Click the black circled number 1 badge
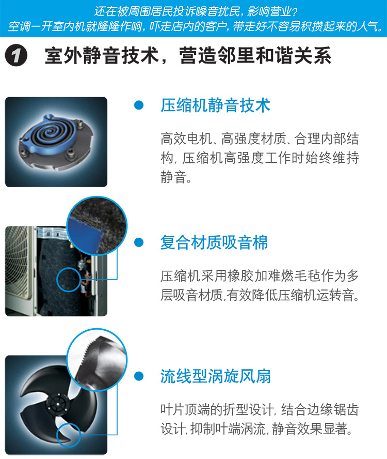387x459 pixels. (x=16, y=55)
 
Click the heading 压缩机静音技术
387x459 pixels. (x=215, y=105)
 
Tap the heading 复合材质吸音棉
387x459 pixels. (x=214, y=242)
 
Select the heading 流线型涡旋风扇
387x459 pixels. (x=215, y=376)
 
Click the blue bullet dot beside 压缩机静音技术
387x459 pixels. (x=139, y=105)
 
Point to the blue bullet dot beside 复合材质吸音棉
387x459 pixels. (x=139, y=242)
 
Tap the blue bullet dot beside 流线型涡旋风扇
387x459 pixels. (x=139, y=376)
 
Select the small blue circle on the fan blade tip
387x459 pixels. (x=69, y=435)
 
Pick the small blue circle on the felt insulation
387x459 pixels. (x=69, y=280)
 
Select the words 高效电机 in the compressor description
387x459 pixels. (x=186, y=139)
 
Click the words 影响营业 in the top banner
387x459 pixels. (x=269, y=12)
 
